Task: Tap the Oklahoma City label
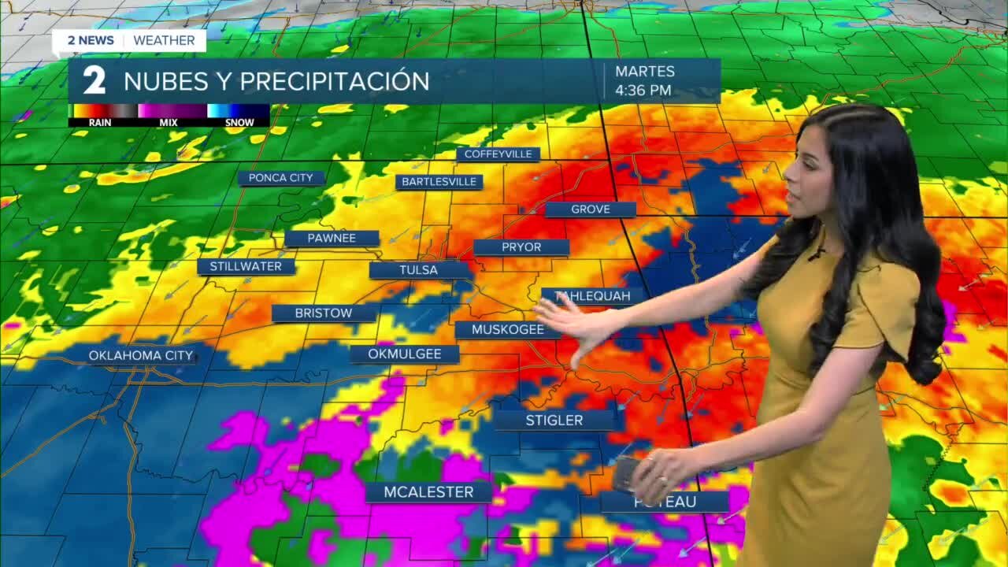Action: [141, 355]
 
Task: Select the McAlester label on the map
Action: [428, 492]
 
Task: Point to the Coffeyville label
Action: [498, 154]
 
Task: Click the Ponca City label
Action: [281, 178]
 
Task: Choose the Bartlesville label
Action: [439, 182]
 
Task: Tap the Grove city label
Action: [591, 209]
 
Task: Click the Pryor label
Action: [521, 247]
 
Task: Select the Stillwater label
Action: [246, 266]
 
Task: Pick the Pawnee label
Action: [332, 238]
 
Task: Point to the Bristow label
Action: [324, 313]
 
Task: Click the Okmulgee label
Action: [405, 354]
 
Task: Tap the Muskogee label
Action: [507, 329]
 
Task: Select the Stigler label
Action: [554, 420]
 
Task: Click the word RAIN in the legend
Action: [100, 123]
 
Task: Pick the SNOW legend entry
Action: [239, 123]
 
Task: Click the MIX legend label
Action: [169, 123]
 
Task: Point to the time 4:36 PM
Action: [643, 91]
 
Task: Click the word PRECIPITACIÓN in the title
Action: [335, 81]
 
